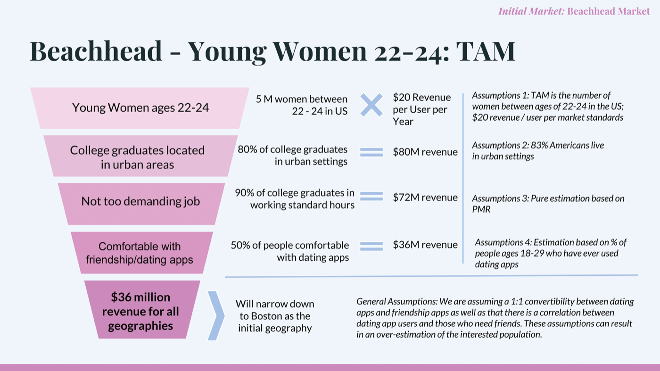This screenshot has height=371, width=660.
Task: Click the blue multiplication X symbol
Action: click(x=371, y=105)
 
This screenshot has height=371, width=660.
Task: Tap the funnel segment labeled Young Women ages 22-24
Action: click(x=140, y=108)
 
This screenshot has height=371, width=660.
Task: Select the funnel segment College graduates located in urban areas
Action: click(x=140, y=156)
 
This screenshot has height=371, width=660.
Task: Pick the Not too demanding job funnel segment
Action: click(x=141, y=204)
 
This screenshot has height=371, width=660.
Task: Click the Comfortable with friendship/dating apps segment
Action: click(x=142, y=253)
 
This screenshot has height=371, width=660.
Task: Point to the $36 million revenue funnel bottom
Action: click(x=142, y=309)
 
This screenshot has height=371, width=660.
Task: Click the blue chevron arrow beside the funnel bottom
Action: click(x=216, y=315)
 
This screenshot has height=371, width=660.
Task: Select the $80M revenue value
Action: click(x=425, y=152)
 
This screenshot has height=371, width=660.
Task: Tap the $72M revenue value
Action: click(x=425, y=198)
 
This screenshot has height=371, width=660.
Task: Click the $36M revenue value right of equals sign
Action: click(x=425, y=245)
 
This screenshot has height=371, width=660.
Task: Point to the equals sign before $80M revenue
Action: click(x=371, y=152)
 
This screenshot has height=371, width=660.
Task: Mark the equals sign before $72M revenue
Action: click(x=371, y=196)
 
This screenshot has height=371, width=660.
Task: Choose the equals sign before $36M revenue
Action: click(x=371, y=246)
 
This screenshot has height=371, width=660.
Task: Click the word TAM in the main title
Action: click(x=486, y=51)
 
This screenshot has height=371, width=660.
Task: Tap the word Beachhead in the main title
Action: click(x=96, y=51)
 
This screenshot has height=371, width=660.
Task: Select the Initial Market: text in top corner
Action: click(x=531, y=11)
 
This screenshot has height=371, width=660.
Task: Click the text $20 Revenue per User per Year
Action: click(x=421, y=109)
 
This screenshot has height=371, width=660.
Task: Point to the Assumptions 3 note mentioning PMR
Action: click(x=548, y=204)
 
